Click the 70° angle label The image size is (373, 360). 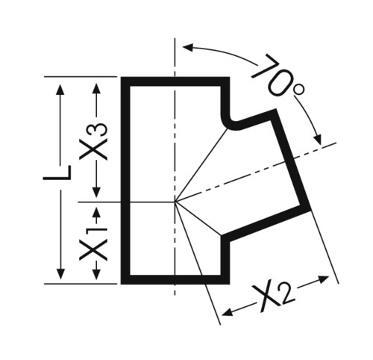pos(278,76)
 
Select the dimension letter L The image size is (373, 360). pos(57,173)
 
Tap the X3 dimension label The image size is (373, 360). pos(93,141)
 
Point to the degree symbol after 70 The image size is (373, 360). pos(298,90)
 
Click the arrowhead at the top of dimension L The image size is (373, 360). pos(60,90)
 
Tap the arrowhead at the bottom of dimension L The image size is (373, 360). pos(60,274)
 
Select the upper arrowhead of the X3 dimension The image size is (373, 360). pos(96,88)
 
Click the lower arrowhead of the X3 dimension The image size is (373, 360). pos(96,192)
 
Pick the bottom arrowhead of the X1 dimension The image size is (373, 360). pos(96,274)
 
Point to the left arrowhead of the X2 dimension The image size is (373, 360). pos(228,311)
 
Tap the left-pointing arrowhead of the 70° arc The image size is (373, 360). pos(189,47)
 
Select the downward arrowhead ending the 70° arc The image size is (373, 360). pos(318,140)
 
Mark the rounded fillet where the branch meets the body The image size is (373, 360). pos(230,122)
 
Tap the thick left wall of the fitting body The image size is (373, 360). pos(125,181)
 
